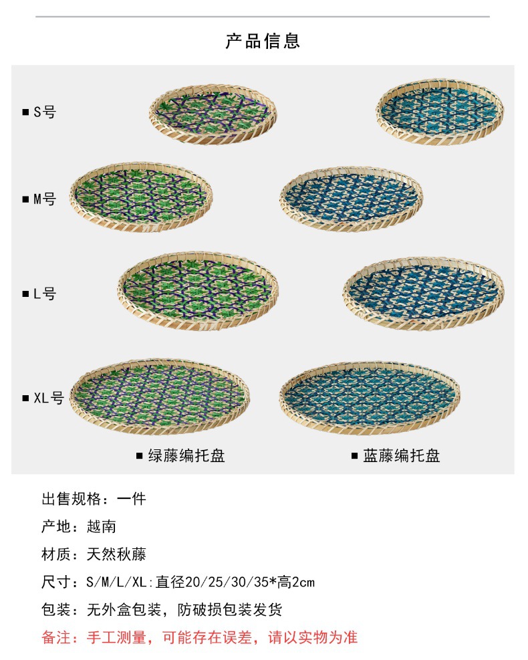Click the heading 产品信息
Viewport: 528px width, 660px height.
tap(263, 41)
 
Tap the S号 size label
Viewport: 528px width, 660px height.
tap(44, 112)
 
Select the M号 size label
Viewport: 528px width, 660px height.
tap(44, 199)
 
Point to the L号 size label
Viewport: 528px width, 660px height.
tap(44, 294)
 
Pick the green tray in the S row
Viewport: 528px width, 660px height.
tap(213, 113)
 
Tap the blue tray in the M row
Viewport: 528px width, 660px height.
tap(351, 199)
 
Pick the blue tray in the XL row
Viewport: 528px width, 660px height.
tap(371, 397)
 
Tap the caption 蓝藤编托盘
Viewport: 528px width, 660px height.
tap(402, 457)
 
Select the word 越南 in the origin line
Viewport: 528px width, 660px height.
tap(102, 526)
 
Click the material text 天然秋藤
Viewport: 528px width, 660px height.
tap(116, 554)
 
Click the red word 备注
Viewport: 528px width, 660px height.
tap(56, 637)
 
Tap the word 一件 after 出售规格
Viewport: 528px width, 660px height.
tap(131, 499)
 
